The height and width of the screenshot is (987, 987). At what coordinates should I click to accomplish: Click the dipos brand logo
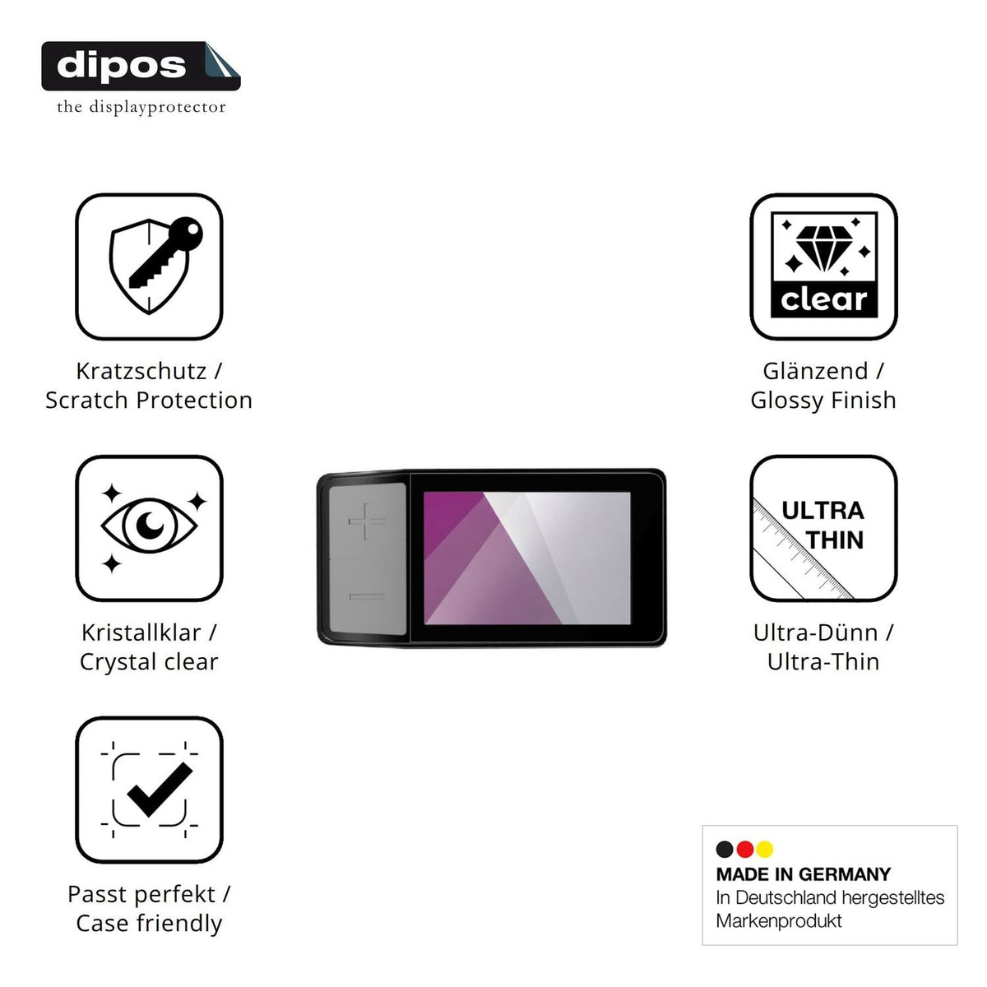141,66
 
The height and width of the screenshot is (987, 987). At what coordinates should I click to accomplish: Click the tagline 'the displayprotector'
141,107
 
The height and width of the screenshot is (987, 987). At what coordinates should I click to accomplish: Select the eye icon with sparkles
149,528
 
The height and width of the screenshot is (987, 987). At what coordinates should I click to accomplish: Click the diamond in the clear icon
824,248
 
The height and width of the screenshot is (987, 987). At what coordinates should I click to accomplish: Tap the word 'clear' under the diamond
823,299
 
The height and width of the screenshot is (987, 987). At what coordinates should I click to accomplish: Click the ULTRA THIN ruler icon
823,528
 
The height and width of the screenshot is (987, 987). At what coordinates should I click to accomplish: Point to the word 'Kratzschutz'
141,371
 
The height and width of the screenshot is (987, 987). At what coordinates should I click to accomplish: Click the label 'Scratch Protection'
149,400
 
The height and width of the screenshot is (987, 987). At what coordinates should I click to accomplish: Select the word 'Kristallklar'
141,633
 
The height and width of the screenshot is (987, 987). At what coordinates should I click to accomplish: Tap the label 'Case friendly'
149,924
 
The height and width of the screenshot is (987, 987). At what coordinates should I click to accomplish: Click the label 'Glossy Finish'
823,401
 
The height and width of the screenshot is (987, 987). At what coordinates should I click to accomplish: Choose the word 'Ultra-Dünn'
816,633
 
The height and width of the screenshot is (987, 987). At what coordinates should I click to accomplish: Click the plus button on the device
367,521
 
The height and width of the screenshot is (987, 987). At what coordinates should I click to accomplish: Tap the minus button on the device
367,596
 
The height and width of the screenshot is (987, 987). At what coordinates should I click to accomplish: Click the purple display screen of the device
527,558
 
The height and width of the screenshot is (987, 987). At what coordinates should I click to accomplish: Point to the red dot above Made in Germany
744,850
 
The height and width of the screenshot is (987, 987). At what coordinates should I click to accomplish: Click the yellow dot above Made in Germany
765,850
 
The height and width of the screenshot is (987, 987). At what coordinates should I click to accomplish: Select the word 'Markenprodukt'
779,921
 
